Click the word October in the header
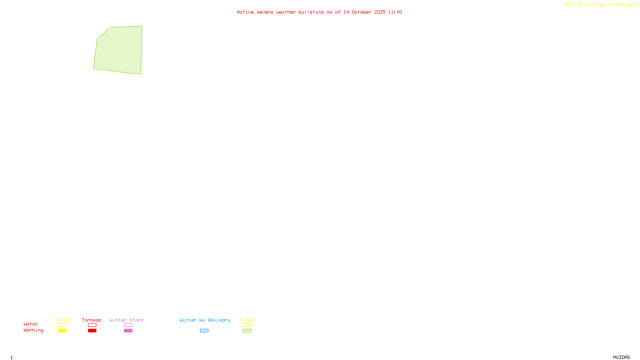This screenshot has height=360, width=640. click(361, 12)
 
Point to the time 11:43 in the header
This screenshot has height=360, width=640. click(395, 12)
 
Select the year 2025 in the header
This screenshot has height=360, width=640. click(380, 12)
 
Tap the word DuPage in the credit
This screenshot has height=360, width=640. click(624, 4)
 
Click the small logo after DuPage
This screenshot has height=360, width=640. click(636, 4)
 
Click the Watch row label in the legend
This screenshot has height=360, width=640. click(31, 324)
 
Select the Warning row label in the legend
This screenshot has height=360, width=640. click(33, 330)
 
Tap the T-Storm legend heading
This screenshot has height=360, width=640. click(62, 320)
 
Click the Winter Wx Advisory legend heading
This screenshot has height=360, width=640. click(205, 320)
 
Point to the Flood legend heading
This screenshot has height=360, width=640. click(247, 320)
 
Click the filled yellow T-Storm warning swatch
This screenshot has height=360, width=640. click(62, 331)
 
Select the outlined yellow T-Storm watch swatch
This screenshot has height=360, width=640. click(62, 325)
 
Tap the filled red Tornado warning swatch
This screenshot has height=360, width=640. click(92, 331)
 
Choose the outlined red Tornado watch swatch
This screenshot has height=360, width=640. click(92, 325)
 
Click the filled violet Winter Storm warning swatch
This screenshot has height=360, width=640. click(128, 331)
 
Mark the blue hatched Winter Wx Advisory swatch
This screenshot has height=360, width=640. click(204, 331)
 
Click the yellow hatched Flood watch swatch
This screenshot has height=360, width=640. click(247, 325)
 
